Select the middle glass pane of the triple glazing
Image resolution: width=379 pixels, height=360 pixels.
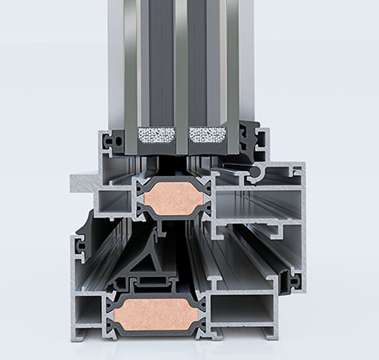[181, 66]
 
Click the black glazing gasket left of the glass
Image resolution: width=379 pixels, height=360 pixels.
[118, 141]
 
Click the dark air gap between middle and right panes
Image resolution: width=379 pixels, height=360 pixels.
[207, 66]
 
